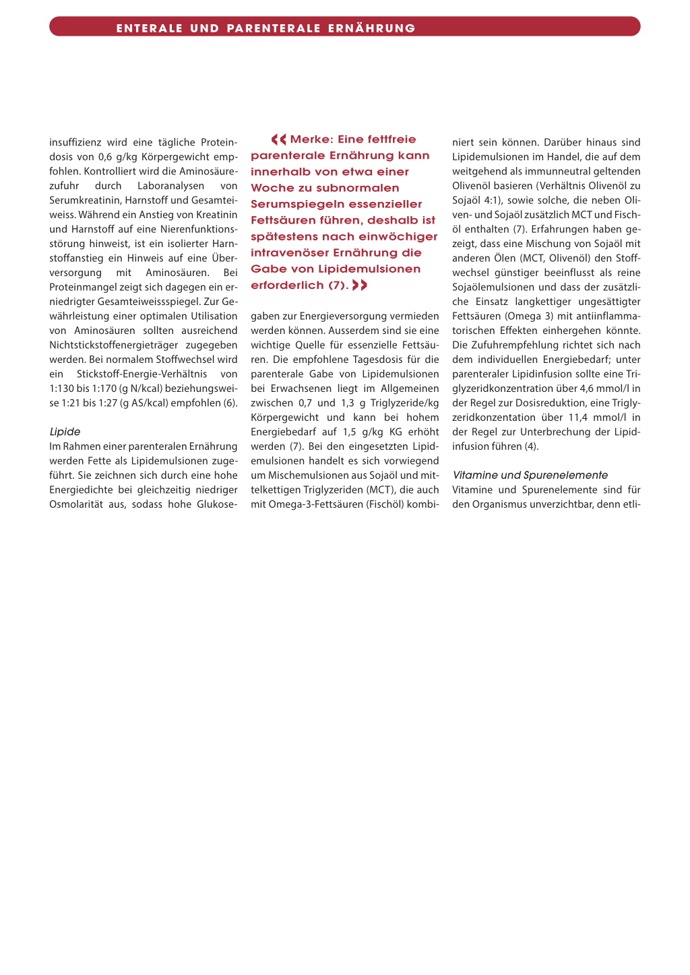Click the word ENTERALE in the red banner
(x=150, y=28)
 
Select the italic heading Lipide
(x=65, y=432)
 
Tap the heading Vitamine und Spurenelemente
(x=530, y=475)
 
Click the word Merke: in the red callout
(x=311, y=139)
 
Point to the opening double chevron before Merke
(x=278, y=139)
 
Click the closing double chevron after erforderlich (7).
(x=360, y=285)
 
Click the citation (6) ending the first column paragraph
(x=230, y=403)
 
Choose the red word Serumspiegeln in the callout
(x=292, y=204)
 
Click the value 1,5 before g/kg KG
(x=349, y=432)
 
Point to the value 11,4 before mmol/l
(x=578, y=417)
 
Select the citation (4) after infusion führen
(x=531, y=446)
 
